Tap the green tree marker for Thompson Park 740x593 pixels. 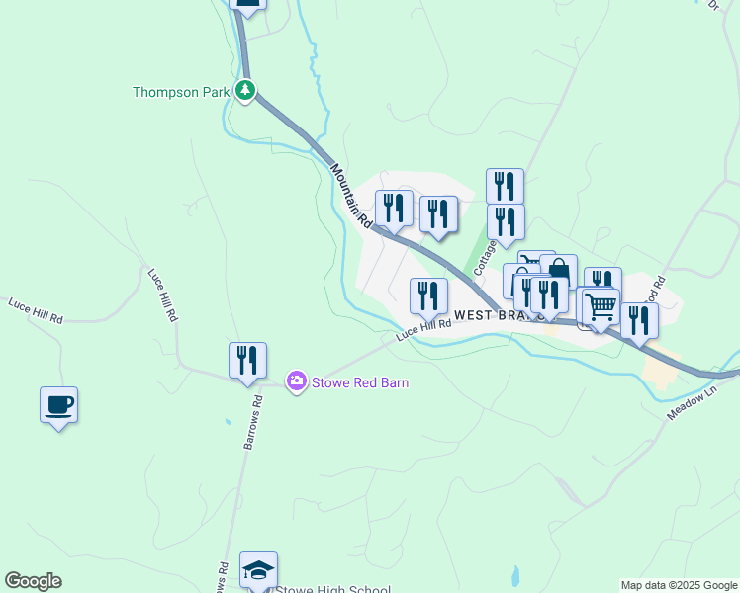tap(245, 91)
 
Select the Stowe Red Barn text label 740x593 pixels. tap(360, 382)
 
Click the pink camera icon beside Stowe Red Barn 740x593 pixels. tap(296, 381)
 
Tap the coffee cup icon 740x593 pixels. tap(59, 405)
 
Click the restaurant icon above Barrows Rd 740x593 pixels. tap(247, 361)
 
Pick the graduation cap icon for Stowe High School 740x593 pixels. tap(259, 570)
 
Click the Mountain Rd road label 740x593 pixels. tap(350, 196)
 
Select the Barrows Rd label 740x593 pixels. tap(253, 423)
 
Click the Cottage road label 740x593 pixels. tap(484, 255)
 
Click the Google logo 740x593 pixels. tap(33, 581)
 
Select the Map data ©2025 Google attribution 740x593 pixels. tap(679, 585)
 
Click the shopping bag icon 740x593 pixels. tap(559, 272)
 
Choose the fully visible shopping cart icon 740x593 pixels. tap(601, 306)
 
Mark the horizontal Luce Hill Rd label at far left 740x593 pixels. tap(36, 311)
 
